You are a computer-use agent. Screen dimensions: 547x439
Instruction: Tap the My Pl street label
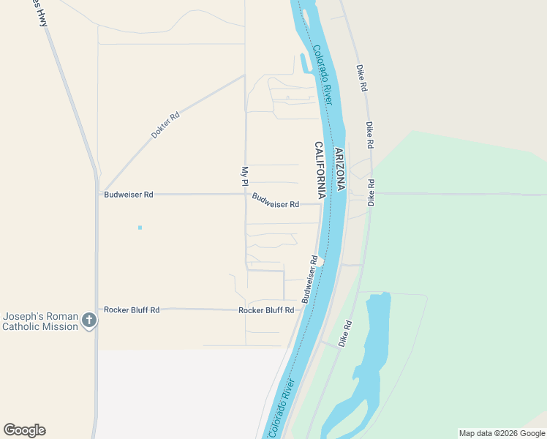(x=245, y=176)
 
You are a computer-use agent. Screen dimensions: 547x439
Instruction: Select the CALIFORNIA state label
(x=320, y=170)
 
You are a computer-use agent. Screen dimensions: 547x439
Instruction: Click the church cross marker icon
(x=88, y=320)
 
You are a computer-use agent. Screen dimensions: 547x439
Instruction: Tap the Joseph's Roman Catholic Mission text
(x=40, y=321)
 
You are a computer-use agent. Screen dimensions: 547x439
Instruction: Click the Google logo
(x=24, y=430)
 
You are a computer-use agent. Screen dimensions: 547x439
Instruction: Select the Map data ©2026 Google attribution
(x=501, y=433)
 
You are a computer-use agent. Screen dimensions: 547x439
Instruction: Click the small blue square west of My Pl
(x=140, y=228)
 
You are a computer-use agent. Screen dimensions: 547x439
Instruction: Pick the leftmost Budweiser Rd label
(x=129, y=195)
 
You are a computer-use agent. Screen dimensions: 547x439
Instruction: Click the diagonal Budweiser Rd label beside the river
(x=309, y=279)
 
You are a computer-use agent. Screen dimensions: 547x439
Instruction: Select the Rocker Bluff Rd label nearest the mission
(x=132, y=309)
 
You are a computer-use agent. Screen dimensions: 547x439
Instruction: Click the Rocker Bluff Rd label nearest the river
(x=266, y=310)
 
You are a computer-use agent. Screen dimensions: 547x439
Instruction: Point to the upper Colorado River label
(x=322, y=75)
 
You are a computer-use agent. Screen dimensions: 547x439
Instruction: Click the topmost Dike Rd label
(x=361, y=77)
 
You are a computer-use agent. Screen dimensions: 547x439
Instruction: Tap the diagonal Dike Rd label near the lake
(x=345, y=334)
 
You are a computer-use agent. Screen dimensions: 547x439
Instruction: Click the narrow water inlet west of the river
(x=303, y=64)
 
